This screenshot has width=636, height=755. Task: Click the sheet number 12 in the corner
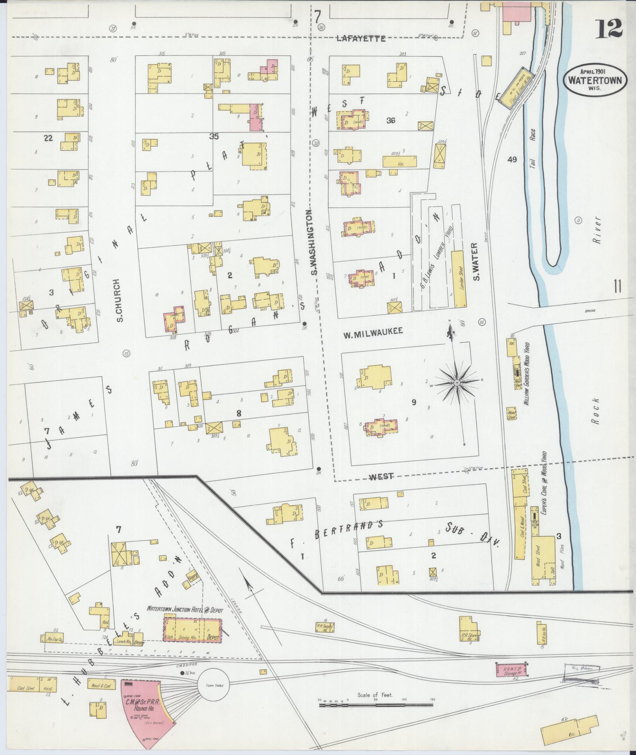[608, 28]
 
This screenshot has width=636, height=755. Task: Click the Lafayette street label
[361, 38]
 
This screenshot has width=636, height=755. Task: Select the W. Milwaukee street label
[373, 332]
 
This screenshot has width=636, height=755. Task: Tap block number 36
[390, 121]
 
